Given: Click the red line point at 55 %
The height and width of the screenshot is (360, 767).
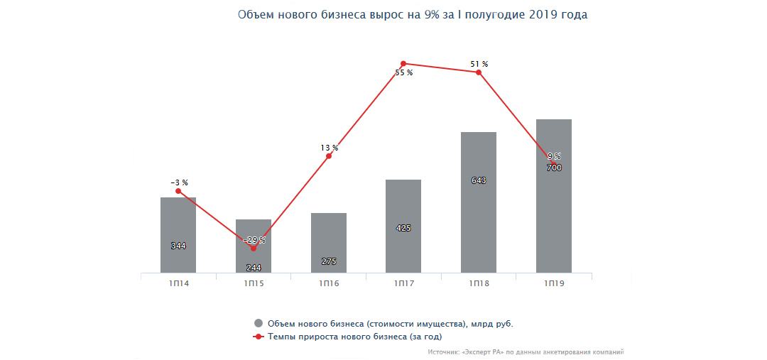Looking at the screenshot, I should [x=403, y=64].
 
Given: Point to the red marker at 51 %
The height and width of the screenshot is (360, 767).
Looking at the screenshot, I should [x=479, y=72].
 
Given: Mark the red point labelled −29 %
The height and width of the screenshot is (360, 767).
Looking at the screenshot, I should [x=254, y=248].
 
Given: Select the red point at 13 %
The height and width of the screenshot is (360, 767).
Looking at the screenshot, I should [x=329, y=156].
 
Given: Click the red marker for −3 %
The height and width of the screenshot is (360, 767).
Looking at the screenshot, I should [x=178, y=191].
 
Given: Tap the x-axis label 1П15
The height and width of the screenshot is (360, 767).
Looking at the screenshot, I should [x=254, y=284].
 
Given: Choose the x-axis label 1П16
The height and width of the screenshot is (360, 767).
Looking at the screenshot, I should [x=329, y=284].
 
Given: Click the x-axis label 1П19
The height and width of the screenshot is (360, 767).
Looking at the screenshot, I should [x=554, y=284].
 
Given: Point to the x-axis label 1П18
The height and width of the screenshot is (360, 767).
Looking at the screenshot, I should [x=479, y=284].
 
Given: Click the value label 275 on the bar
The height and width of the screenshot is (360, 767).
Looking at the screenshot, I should [x=329, y=261].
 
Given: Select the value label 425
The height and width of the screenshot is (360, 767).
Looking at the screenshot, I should [x=403, y=228].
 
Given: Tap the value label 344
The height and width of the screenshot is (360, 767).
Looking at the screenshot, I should [x=178, y=246].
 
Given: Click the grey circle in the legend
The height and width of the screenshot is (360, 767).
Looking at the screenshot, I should [x=259, y=324].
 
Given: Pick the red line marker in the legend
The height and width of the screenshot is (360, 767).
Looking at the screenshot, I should [x=259, y=337].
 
